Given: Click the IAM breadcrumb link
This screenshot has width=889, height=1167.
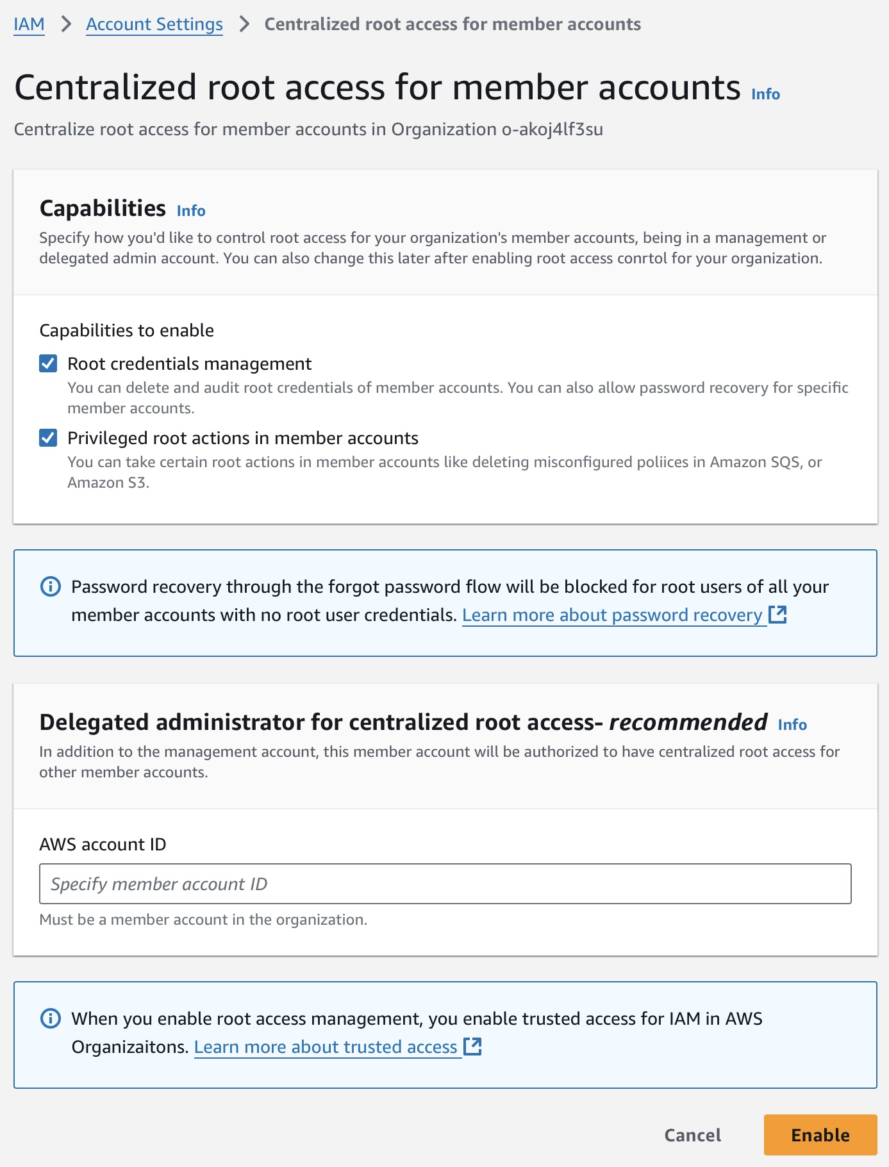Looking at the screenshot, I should (29, 24).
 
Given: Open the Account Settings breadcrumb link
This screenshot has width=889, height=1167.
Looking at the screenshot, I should (154, 24).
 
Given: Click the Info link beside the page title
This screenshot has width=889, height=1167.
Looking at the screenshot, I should (765, 94).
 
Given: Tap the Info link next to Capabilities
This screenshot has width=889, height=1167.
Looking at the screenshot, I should (191, 211).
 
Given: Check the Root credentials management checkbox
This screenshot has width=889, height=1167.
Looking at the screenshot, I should (48, 364).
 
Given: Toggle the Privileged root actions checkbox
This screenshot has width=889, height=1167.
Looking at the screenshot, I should (48, 438).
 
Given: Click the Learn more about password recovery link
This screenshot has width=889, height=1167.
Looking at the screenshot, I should (612, 615).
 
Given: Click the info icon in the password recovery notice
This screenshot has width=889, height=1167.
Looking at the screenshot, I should (51, 586).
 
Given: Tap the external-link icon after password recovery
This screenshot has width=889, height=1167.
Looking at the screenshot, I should (777, 615).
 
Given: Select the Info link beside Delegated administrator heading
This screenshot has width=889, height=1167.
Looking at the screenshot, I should (792, 725).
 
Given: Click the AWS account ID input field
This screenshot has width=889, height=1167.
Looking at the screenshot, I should (445, 884).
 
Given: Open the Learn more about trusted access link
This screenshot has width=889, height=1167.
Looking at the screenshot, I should (326, 1047).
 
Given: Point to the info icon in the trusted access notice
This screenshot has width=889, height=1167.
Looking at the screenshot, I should (51, 1018).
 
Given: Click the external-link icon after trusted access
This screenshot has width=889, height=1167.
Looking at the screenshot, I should (472, 1047).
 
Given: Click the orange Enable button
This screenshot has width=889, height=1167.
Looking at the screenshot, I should (820, 1135).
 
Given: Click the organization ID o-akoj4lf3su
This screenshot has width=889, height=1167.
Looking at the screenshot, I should (552, 129).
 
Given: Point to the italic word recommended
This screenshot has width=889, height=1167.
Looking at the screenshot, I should (688, 722).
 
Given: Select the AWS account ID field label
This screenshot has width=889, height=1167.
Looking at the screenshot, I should (103, 845).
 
